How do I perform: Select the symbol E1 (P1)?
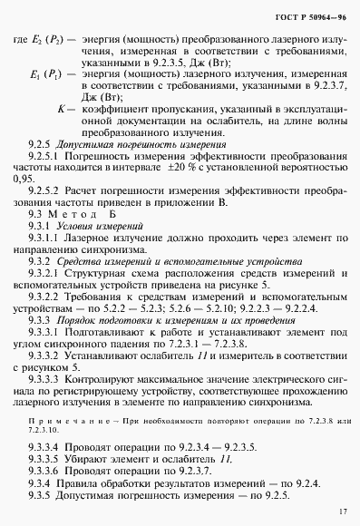tap(48, 75)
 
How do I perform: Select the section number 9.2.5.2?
tap(46, 191)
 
